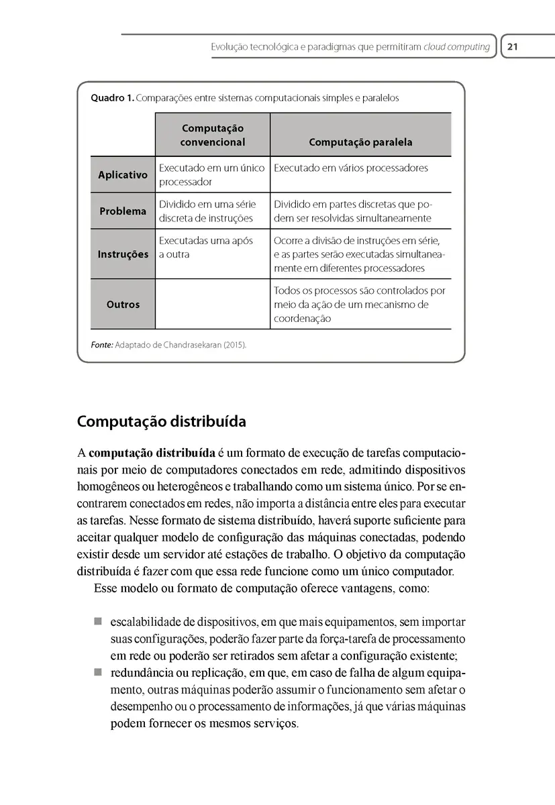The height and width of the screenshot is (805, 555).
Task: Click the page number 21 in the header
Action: [513, 47]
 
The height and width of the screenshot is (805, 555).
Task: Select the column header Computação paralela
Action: [360, 142]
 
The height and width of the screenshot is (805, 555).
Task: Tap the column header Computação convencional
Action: [213, 135]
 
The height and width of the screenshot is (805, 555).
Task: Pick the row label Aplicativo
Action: [123, 175]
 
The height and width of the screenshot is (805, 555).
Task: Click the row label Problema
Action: [123, 211]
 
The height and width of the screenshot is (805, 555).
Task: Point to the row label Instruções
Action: [123, 254]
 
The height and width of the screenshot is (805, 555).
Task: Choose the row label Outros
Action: [123, 304]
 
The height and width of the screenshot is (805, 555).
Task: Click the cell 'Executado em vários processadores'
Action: [350, 168]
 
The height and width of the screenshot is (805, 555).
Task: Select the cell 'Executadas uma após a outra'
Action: [205, 248]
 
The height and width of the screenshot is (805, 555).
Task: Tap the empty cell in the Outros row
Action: [213, 304]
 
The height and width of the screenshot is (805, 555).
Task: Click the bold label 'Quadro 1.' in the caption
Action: [111, 98]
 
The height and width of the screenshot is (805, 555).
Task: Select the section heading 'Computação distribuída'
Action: [161, 422]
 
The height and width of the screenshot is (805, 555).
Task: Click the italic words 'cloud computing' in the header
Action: [457, 47]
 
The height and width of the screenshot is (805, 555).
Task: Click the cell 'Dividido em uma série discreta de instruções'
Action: [207, 211]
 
